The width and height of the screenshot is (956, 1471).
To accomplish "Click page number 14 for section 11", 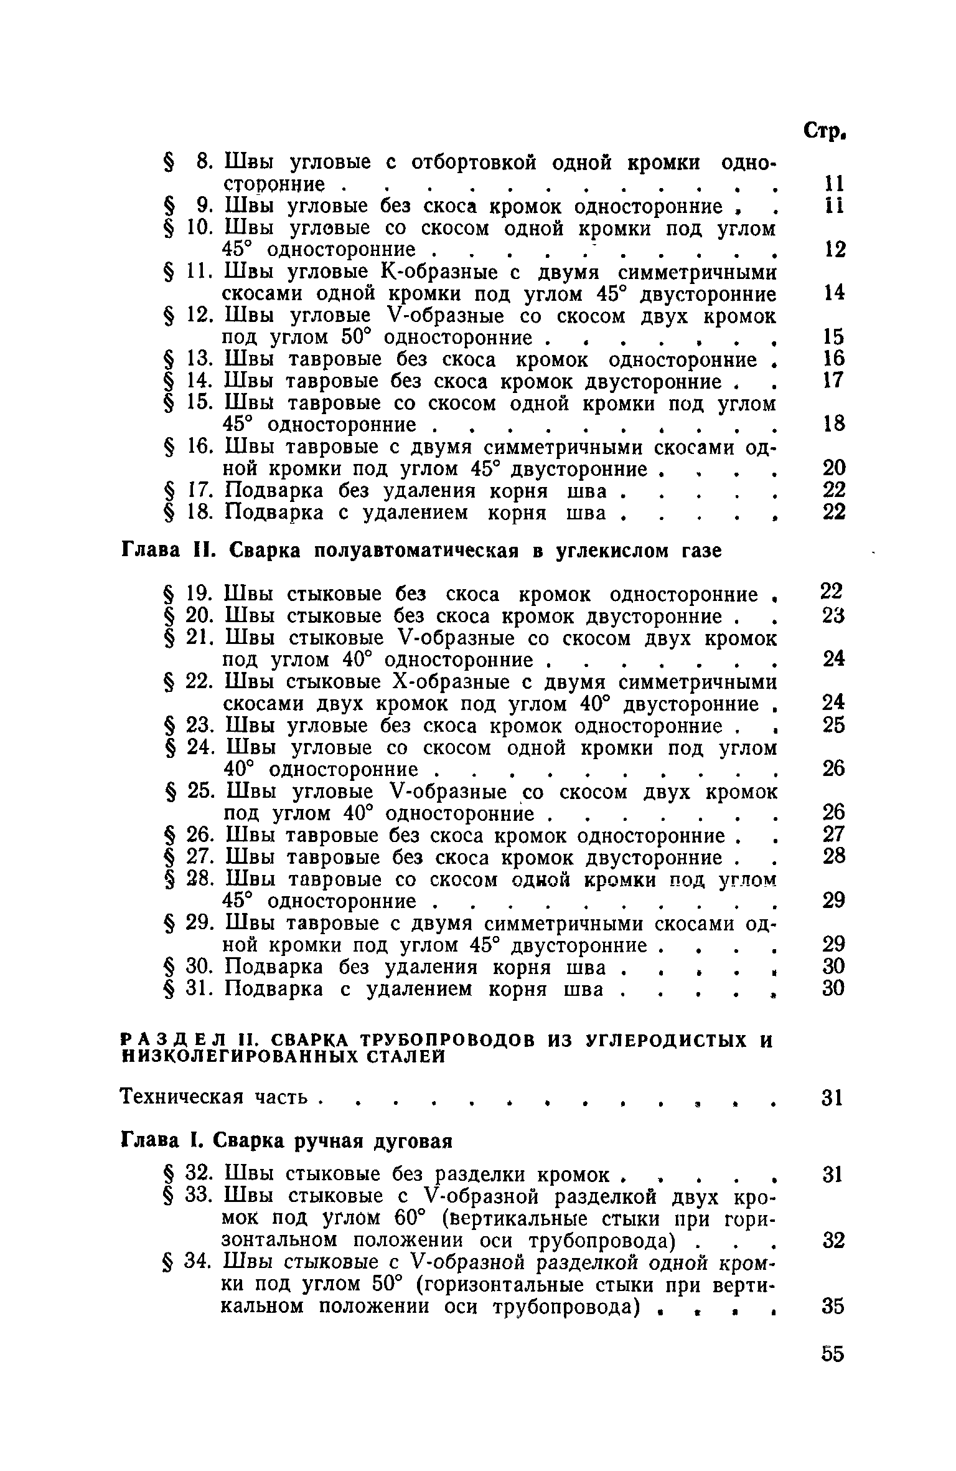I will (x=833, y=293).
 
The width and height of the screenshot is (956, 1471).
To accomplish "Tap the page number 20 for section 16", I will (x=833, y=468).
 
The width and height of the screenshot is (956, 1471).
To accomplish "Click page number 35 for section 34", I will (x=833, y=1305).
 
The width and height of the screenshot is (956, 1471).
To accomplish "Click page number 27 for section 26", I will (x=833, y=835).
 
